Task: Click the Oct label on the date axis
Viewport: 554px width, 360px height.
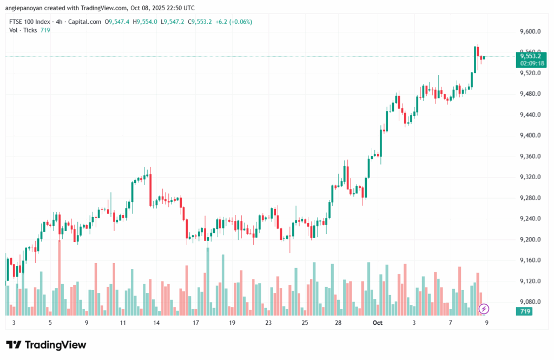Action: pos(378,322)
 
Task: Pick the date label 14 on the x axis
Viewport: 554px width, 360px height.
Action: pos(156,322)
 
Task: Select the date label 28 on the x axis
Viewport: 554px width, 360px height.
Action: pos(338,322)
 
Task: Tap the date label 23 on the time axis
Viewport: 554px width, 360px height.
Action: pos(268,322)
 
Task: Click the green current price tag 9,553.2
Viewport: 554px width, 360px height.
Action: pos(530,56)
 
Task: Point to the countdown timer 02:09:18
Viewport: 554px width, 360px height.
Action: pos(530,63)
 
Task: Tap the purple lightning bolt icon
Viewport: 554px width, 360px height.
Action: pos(484,309)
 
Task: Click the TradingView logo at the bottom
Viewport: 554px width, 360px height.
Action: pos(46,345)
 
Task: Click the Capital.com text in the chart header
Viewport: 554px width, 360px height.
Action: pos(86,22)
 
